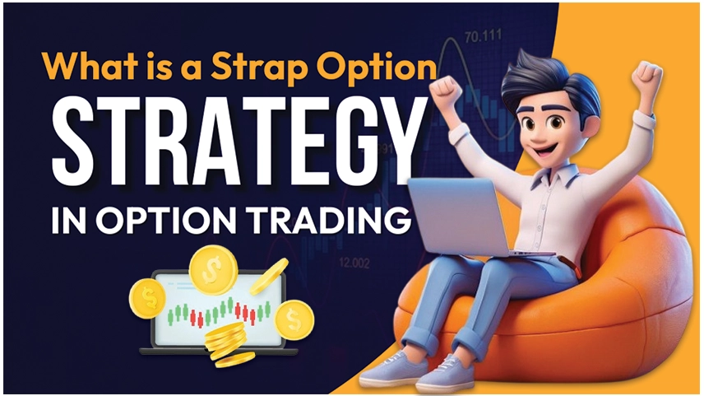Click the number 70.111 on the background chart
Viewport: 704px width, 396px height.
pos(483,36)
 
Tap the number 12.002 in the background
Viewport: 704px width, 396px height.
pos(354,263)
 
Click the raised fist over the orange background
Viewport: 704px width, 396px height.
pos(647,77)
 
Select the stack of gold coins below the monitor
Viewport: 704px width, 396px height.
pos(227,344)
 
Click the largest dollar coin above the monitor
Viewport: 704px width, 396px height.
pos(213,270)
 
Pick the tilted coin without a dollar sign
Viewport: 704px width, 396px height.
pos(269,276)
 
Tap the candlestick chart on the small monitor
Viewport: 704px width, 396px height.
pos(220,312)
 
